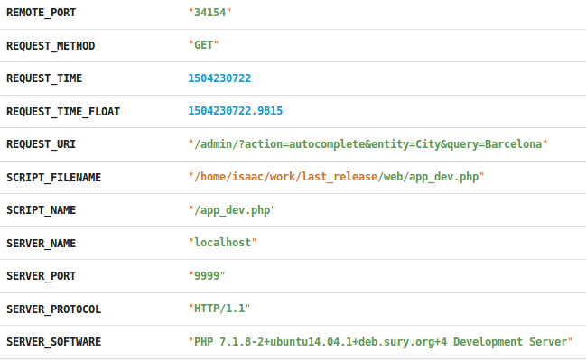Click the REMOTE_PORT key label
coord(41,13)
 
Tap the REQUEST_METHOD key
coord(51,45)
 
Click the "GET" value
coord(203,45)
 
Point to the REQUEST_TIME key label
coord(44,78)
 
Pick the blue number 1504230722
coord(219,78)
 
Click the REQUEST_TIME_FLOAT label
coord(63,112)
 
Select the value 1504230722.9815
coord(235,112)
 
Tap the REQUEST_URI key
coord(41,144)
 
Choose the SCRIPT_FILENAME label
coord(53,177)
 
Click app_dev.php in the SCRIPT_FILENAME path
coord(443,177)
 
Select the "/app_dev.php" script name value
coord(231,210)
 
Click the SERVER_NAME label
coord(41,243)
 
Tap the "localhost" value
coord(222,243)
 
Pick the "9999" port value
coord(207,276)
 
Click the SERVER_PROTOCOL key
coord(53,309)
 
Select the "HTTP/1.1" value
coord(219,309)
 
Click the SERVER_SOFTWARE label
coord(53,342)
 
